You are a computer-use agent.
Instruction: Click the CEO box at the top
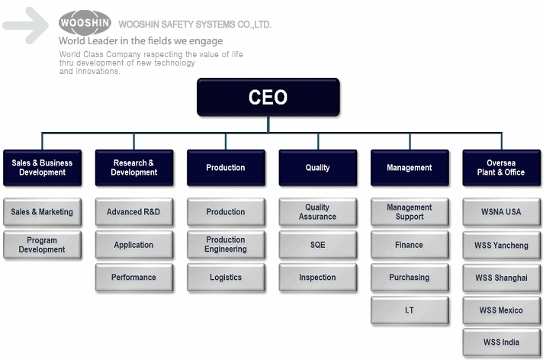coord(268,97)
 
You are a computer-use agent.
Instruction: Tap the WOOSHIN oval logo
coord(85,23)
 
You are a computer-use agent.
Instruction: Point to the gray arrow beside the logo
coord(26,25)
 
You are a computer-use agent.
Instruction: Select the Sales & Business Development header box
coord(42,168)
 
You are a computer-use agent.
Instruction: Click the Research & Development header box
coord(134,168)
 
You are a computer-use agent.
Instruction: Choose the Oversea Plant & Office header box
coord(501,168)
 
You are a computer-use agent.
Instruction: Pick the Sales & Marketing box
coord(42,212)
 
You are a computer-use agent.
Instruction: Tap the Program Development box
coord(42,245)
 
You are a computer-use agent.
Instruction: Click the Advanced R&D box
coord(134,212)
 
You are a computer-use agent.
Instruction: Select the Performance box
coord(134,277)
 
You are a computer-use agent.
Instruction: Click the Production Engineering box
coord(226,245)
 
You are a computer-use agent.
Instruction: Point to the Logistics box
coord(226,277)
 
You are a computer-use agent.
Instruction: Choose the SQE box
coord(317,245)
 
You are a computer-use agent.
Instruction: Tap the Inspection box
coord(317,277)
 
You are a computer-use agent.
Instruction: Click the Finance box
coord(410,245)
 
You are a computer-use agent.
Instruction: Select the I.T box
coord(410,310)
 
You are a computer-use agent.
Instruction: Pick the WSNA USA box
coord(501,212)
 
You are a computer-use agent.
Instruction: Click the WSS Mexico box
coord(501,310)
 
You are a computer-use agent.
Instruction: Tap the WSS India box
coord(501,342)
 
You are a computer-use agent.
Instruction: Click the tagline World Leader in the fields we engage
coord(140,41)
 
